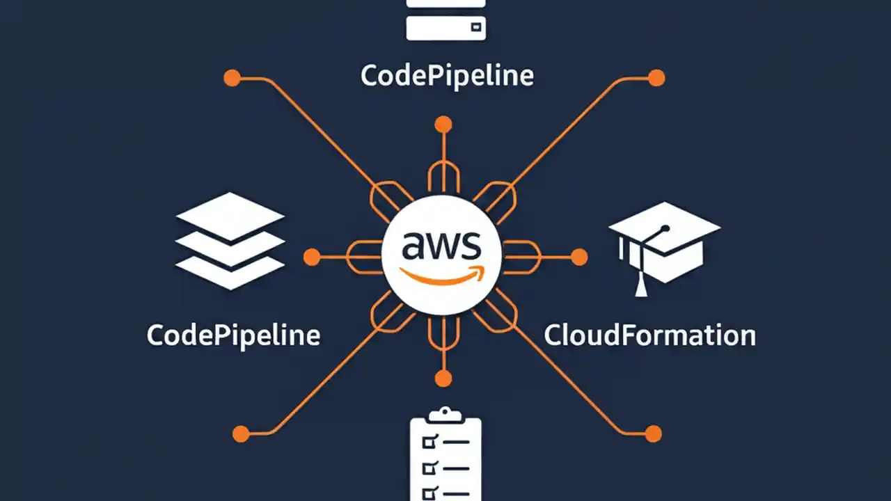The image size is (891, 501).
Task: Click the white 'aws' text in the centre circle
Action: (441, 246)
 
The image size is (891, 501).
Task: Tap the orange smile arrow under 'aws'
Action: (441, 276)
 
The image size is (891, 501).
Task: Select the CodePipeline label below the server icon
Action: (447, 75)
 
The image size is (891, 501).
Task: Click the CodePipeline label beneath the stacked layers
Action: (233, 335)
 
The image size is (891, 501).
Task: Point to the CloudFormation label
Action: (649, 335)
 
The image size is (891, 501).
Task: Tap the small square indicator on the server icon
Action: (475, 27)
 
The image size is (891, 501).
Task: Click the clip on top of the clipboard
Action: (445, 415)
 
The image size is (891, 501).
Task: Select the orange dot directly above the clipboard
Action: (443, 379)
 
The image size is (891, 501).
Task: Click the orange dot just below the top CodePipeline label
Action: (443, 125)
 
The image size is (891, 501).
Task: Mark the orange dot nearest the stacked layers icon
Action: (312, 257)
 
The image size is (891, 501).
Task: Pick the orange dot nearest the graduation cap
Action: (579, 257)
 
